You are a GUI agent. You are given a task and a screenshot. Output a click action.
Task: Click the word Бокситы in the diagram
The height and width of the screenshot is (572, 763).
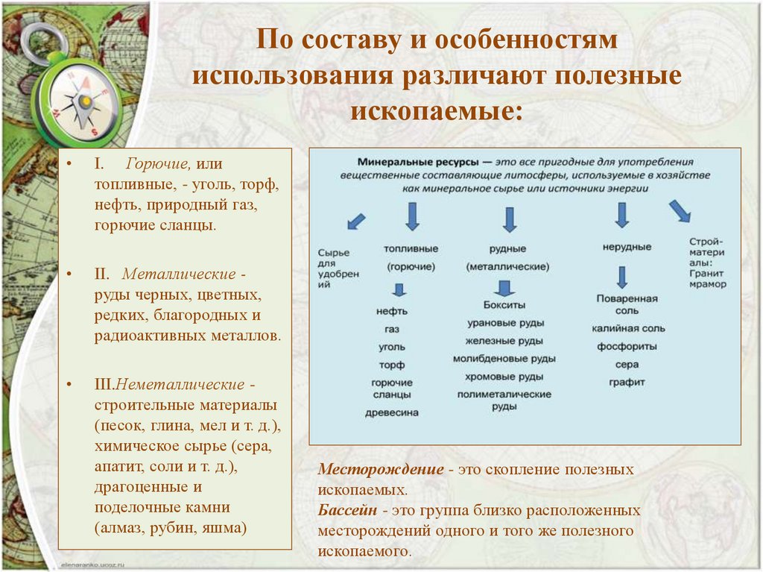tap(504, 306)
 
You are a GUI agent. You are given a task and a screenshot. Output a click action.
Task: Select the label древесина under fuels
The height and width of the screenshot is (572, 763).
tap(391, 412)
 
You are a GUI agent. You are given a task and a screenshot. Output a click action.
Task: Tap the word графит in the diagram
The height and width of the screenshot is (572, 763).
tap(626, 382)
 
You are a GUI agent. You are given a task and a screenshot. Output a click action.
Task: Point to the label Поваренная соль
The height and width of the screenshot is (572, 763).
tap(627, 304)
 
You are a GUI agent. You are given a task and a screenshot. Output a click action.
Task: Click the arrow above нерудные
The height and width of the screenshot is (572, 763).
tap(621, 216)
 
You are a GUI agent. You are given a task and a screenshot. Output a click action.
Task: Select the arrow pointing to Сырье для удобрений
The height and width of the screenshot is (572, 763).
tap(356, 221)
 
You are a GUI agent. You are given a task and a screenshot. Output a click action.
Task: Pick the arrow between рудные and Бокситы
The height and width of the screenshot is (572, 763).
tap(505, 288)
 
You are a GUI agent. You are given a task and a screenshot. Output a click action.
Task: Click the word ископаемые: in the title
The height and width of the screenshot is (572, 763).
tap(437, 110)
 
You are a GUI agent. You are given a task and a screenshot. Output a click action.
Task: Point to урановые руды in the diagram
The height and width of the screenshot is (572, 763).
tap(505, 324)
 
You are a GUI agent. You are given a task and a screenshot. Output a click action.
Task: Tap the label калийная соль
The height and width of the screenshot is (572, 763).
tap(628, 328)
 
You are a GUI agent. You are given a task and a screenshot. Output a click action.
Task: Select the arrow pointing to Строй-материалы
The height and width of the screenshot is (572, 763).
tap(679, 211)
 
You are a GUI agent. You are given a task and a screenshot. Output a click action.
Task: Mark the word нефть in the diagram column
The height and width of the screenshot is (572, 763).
tap(391, 311)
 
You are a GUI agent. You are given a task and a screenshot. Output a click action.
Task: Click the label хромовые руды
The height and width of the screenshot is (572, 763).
tap(505, 377)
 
